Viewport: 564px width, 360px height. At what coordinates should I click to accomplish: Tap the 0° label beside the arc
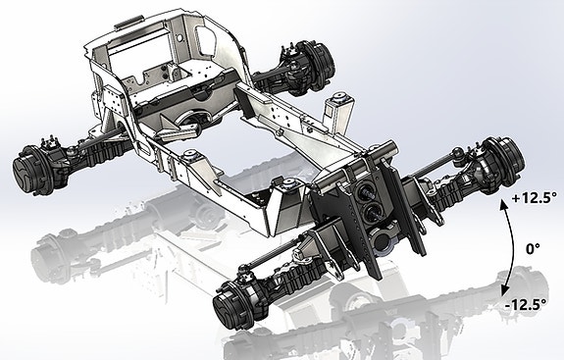pyautogui.click(x=533, y=248)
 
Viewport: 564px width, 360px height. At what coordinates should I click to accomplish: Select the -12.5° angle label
pyautogui.click(x=526, y=305)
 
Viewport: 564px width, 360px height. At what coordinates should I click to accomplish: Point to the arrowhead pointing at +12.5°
pyautogui.click(x=503, y=204)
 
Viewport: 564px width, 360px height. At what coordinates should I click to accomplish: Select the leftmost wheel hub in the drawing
pyautogui.click(x=31, y=171)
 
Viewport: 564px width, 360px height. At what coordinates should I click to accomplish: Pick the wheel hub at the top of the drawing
pyautogui.click(x=316, y=67)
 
